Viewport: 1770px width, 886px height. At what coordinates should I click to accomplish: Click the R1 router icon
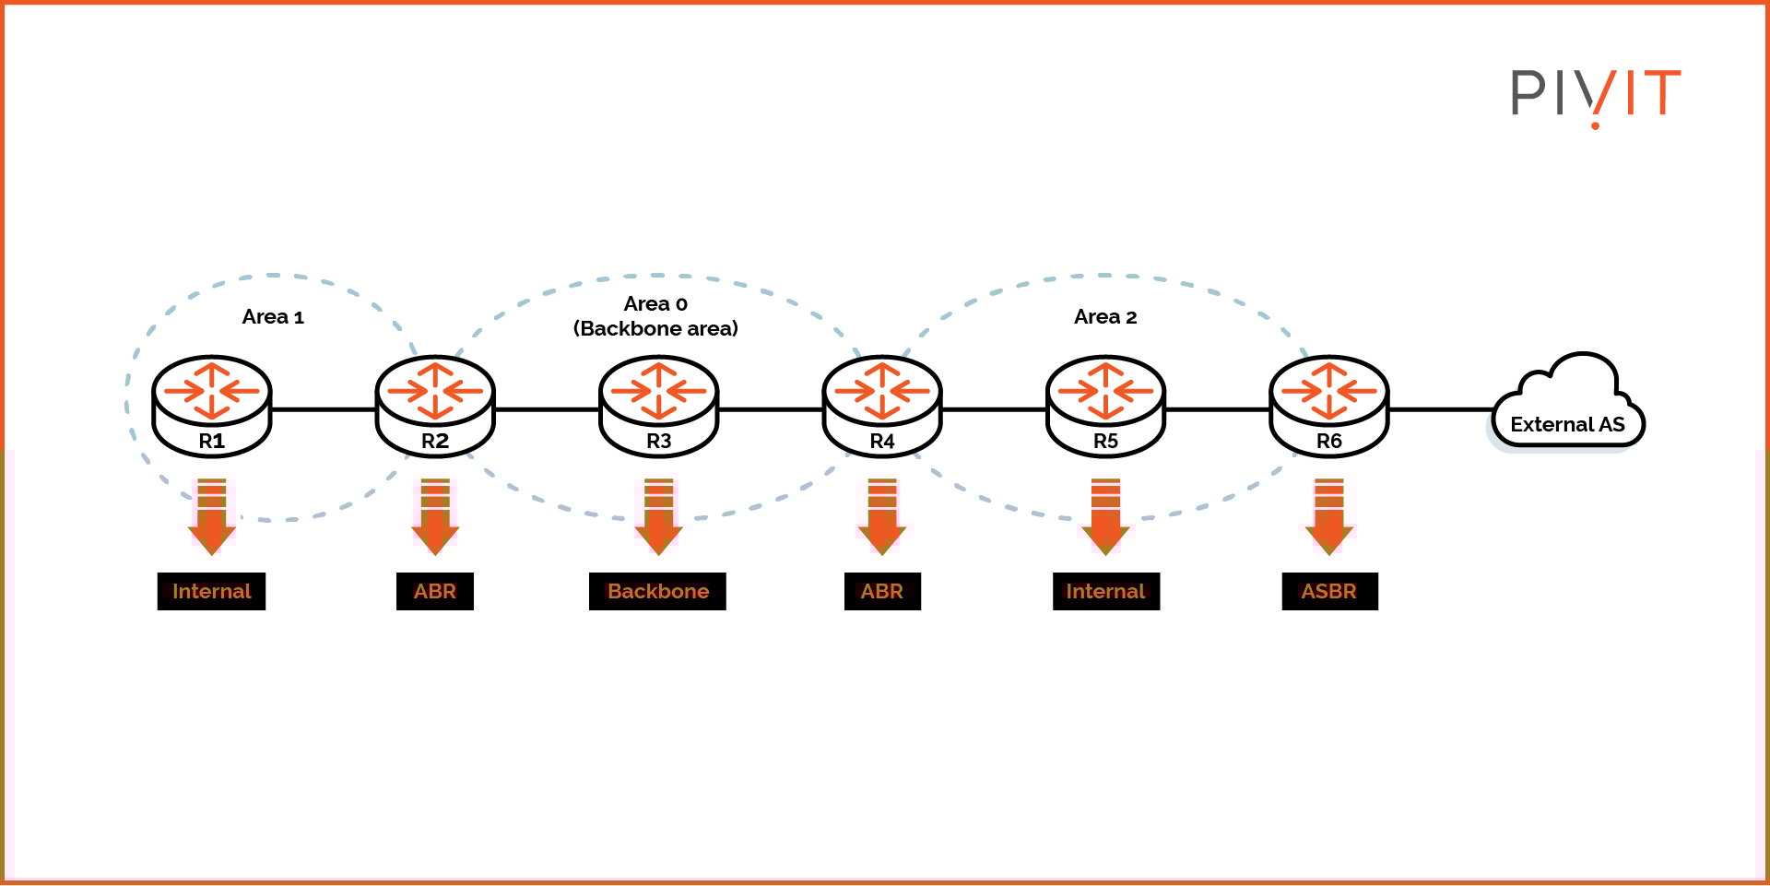[211, 406]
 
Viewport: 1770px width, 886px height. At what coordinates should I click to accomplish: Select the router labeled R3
[658, 406]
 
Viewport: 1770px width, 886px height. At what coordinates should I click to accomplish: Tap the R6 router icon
[1328, 406]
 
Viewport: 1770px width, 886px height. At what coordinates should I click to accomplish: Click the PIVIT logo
[1595, 94]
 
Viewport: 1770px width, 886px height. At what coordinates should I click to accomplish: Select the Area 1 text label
[273, 317]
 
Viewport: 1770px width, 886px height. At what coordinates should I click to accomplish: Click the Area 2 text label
[1104, 317]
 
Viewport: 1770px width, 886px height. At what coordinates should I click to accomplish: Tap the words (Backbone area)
[655, 329]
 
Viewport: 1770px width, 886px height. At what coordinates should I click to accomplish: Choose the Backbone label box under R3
[657, 591]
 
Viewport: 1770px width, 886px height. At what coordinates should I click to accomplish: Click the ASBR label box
[1329, 591]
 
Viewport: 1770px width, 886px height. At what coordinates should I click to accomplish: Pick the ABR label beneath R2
[434, 591]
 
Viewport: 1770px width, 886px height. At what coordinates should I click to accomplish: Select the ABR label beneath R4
[882, 591]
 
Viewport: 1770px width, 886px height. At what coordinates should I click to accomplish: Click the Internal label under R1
[211, 591]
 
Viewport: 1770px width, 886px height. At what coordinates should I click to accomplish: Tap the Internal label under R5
[1105, 591]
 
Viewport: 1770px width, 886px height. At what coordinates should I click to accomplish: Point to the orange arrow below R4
[882, 518]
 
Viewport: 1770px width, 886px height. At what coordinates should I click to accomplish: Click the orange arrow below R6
[1328, 518]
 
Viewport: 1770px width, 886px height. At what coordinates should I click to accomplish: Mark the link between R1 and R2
[323, 408]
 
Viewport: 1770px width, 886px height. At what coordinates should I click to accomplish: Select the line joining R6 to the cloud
[1440, 408]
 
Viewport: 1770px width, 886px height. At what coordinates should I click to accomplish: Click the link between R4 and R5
[994, 408]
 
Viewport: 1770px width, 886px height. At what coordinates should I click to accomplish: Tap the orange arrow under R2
[435, 518]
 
